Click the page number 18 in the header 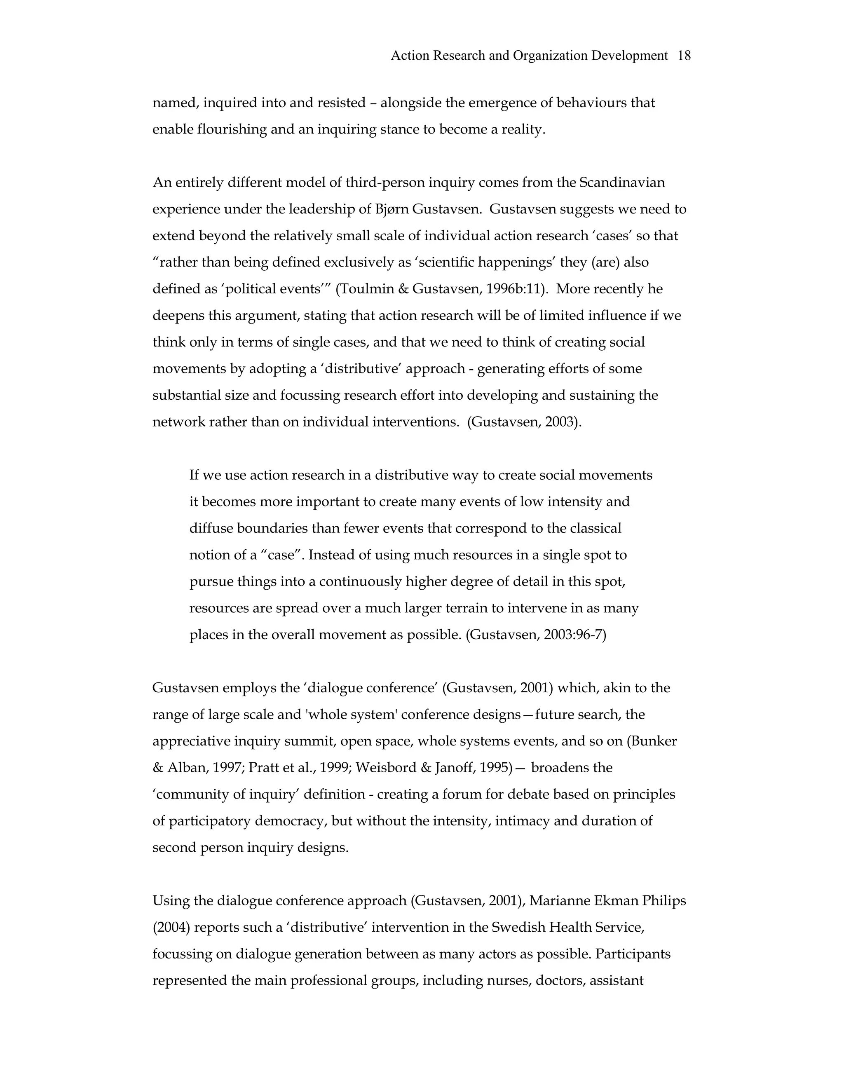[684, 56]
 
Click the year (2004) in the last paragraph [171, 928]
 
